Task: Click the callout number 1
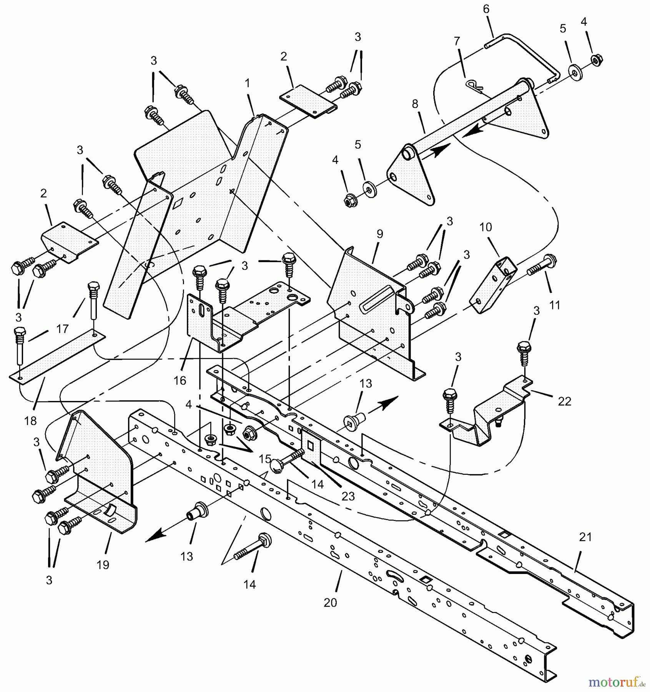pyautogui.click(x=247, y=83)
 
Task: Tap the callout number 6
pyautogui.click(x=486, y=9)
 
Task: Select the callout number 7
pyautogui.click(x=457, y=41)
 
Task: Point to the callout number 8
pyautogui.click(x=414, y=104)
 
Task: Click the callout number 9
pyautogui.click(x=380, y=234)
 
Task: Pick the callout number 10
pyautogui.click(x=485, y=227)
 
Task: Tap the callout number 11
pyautogui.click(x=554, y=305)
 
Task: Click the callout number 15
pyautogui.click(x=265, y=459)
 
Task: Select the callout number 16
pyautogui.click(x=180, y=381)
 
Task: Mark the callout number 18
pyautogui.click(x=30, y=421)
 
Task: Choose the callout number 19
pyautogui.click(x=103, y=565)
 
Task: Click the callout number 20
pyautogui.click(x=330, y=602)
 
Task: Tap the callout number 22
pyautogui.click(x=564, y=401)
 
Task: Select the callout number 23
pyautogui.click(x=348, y=496)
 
